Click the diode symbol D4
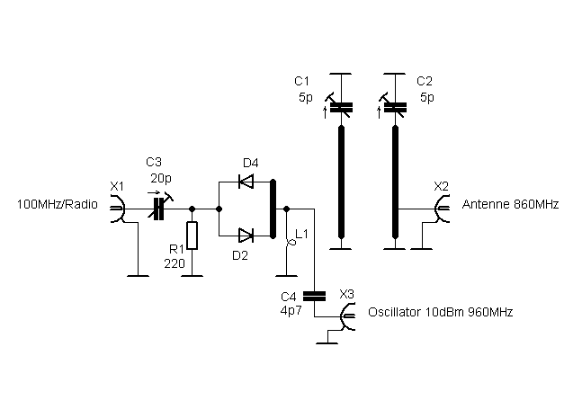tap(246, 182)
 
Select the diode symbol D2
tap(246, 236)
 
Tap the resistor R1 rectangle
tap(192, 236)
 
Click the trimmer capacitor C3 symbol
tap(159, 206)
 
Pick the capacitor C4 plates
tap(314, 296)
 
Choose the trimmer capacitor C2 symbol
tap(393, 106)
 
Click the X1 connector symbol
tap(118, 209)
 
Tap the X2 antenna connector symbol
tap(442, 209)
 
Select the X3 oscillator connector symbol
tap(347, 316)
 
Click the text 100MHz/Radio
tap(58, 204)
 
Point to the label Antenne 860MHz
tap(510, 204)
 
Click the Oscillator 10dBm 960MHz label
tap(441, 312)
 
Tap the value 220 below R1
tap(175, 263)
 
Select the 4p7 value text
tap(291, 311)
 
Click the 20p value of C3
tap(161, 178)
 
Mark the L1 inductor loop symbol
tap(291, 243)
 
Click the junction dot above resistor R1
tap(192, 209)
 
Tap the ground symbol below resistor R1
tap(192, 276)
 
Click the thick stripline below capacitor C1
tap(342, 182)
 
